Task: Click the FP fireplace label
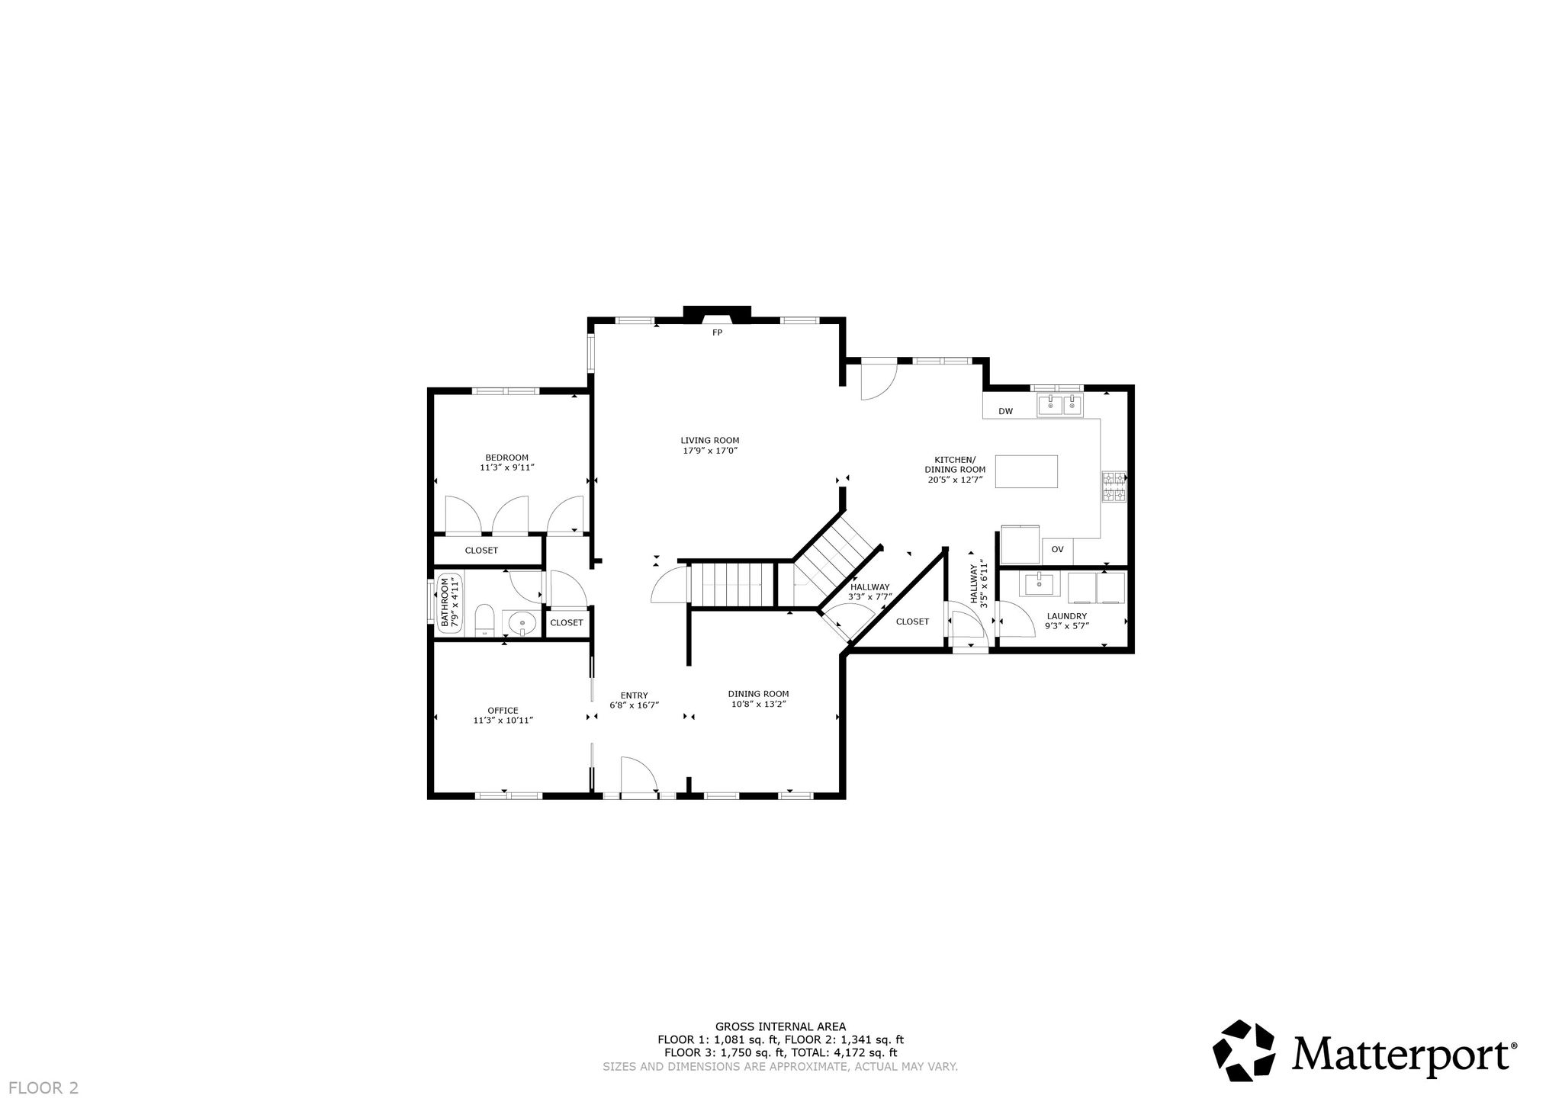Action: click(717, 332)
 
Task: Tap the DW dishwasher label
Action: click(1006, 412)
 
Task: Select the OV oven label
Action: click(1057, 549)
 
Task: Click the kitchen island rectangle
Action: click(1027, 471)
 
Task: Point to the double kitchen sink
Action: click(1060, 406)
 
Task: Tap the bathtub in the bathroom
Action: click(449, 602)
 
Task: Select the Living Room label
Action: click(710, 440)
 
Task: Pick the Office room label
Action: click(503, 711)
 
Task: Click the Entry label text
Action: click(634, 695)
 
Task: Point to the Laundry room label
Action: click(1067, 616)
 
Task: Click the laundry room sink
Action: click(1040, 585)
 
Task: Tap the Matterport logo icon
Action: click(1244, 1051)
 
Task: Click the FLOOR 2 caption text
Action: click(43, 1088)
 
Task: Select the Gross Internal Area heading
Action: click(780, 1026)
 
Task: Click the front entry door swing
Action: click(639, 775)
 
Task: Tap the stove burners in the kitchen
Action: click(1114, 487)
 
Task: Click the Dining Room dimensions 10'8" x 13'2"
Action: click(758, 704)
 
